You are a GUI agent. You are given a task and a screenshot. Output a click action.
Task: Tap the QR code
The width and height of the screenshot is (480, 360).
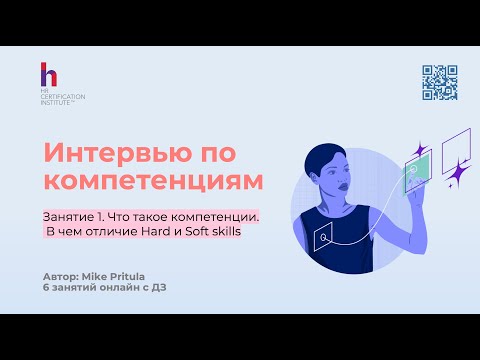tap(439, 83)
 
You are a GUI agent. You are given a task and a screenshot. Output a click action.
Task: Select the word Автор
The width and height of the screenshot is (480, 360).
tap(62, 273)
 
